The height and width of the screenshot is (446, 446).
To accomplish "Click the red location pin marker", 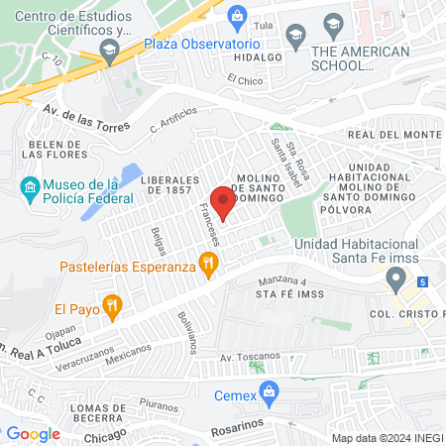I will point(223,202).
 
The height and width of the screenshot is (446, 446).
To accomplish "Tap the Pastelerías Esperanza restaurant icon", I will point(208,265).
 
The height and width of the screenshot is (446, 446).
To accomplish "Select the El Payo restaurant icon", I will point(114,306).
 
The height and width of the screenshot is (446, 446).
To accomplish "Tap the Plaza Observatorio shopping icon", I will point(237,17).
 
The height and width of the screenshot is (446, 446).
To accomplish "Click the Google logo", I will point(34,433).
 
